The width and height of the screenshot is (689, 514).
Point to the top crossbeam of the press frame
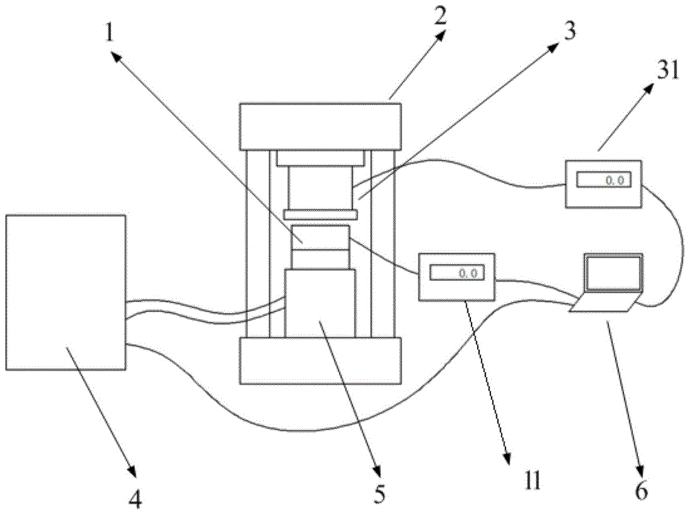pos(320,125)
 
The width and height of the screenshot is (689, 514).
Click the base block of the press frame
pos(320,360)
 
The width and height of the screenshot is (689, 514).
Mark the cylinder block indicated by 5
pos(320,303)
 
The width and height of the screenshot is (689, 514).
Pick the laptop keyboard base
pos(605,304)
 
